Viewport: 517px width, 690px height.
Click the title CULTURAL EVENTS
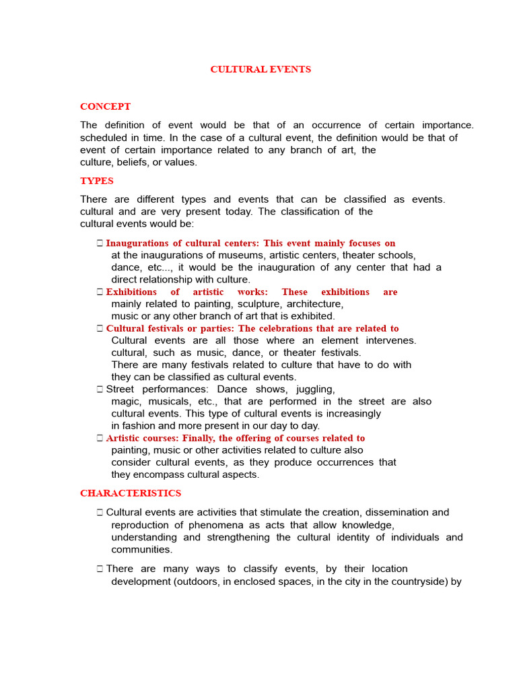coord(261,69)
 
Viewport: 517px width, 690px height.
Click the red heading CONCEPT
coord(105,106)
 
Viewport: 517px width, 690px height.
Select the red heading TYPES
coord(97,181)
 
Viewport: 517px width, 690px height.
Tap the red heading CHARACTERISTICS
coord(131,493)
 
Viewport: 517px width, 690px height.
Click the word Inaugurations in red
coord(135,243)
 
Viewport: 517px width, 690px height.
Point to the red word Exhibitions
coord(131,292)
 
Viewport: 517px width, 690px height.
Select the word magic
coord(125,402)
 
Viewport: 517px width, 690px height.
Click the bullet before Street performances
coord(99,389)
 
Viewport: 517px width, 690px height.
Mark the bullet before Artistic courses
coord(99,438)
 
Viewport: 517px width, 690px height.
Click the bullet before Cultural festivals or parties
coord(99,329)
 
